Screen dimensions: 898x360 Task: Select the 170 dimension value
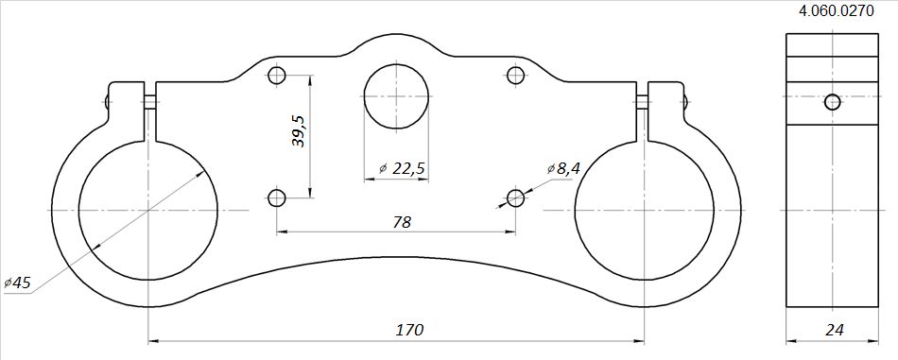(409, 331)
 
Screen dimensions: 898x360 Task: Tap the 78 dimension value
(402, 222)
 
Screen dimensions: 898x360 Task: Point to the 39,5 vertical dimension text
(299, 130)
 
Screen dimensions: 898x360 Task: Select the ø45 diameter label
(17, 283)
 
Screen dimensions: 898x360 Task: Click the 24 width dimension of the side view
(834, 331)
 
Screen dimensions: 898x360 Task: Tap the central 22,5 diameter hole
(396, 96)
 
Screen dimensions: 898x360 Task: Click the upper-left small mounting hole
(277, 76)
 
